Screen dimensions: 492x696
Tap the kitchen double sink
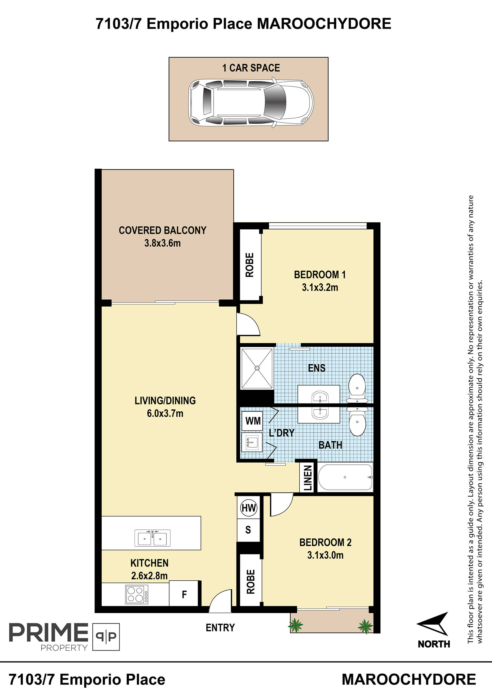point(153,538)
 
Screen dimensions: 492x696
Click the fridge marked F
point(184,594)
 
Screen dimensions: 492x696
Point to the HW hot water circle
point(248,508)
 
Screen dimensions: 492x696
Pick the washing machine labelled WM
point(253,421)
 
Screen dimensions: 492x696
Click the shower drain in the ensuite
point(257,368)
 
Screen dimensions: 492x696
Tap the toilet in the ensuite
point(357,388)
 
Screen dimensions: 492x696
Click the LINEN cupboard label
point(307,478)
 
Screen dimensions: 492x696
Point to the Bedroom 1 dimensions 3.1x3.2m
point(320,287)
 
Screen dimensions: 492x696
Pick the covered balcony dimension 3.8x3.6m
point(163,243)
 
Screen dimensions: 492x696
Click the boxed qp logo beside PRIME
point(106,637)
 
